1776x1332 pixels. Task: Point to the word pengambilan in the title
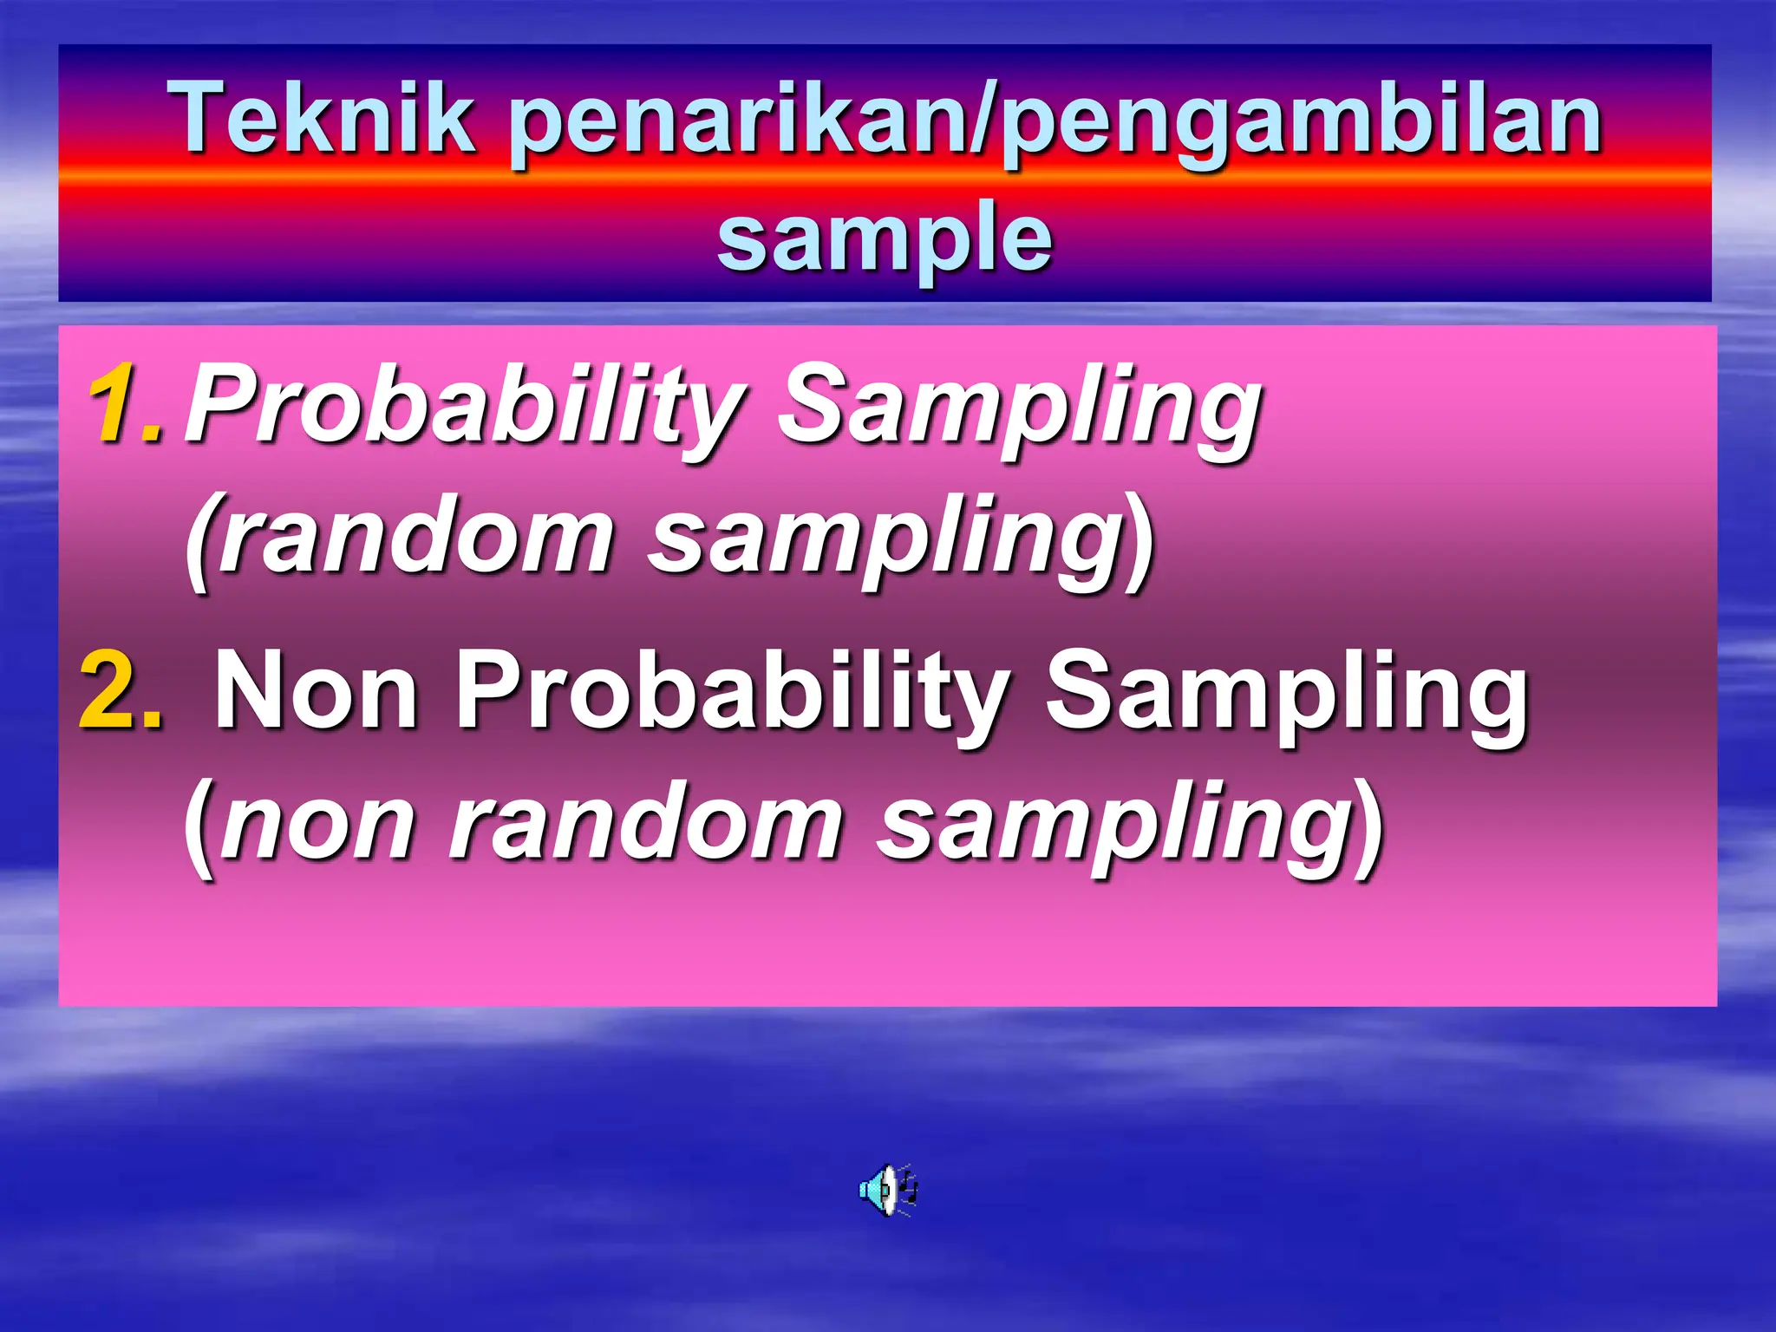pos(1301,120)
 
